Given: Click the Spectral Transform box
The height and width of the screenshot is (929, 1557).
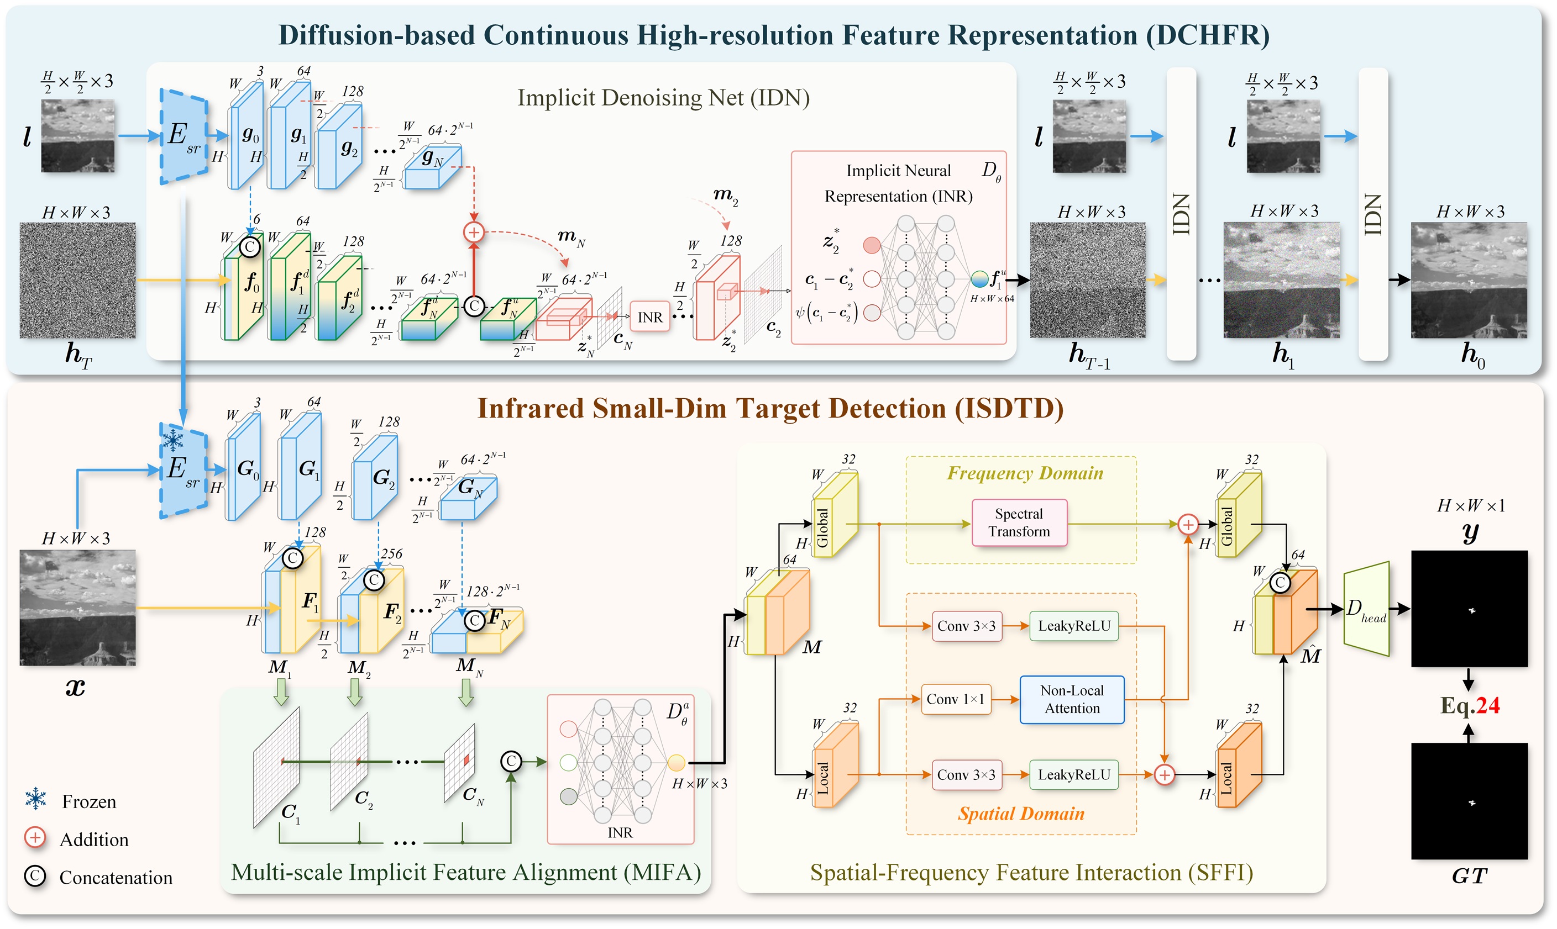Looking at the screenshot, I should pyautogui.click(x=1019, y=522).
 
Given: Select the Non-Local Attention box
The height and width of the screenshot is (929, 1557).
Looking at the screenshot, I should pyautogui.click(x=1072, y=699).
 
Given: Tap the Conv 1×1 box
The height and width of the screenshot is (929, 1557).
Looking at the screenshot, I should pyautogui.click(x=955, y=699).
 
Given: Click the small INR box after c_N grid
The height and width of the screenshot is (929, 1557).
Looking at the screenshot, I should pyautogui.click(x=649, y=318).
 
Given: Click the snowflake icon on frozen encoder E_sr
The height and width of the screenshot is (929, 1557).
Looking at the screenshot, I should pyautogui.click(x=173, y=441).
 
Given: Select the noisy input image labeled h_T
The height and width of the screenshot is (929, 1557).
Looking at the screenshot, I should pyautogui.click(x=78, y=281).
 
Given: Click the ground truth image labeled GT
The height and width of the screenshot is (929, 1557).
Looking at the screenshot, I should pyautogui.click(x=1469, y=801).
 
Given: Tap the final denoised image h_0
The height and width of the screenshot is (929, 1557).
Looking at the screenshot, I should pyautogui.click(x=1469, y=281).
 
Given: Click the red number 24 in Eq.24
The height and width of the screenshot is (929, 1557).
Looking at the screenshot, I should pyautogui.click(x=1487, y=705).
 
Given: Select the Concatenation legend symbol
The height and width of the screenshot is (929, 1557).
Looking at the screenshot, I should pyautogui.click(x=35, y=877).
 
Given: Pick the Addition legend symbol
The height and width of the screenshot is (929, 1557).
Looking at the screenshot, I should pyautogui.click(x=35, y=838).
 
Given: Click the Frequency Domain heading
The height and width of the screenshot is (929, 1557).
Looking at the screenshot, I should pyautogui.click(x=1025, y=473).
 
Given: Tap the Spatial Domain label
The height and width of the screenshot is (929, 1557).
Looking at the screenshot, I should pyautogui.click(x=1021, y=814).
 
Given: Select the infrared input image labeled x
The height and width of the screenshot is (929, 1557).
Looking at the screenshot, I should pyautogui.click(x=78, y=607).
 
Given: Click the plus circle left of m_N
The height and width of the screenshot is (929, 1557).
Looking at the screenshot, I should pyautogui.click(x=474, y=232).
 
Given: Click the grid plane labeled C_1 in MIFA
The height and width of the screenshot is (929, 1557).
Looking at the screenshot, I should pyautogui.click(x=276, y=767).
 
